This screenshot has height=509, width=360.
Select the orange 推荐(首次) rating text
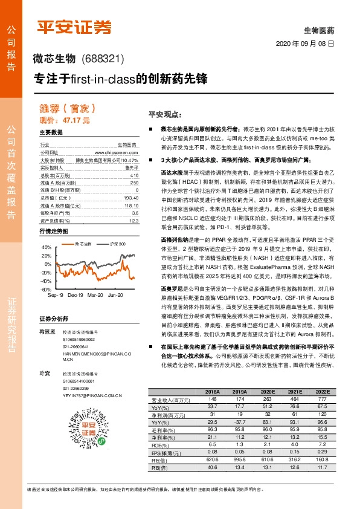(59, 109)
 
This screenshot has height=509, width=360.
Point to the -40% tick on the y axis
(47, 281)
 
